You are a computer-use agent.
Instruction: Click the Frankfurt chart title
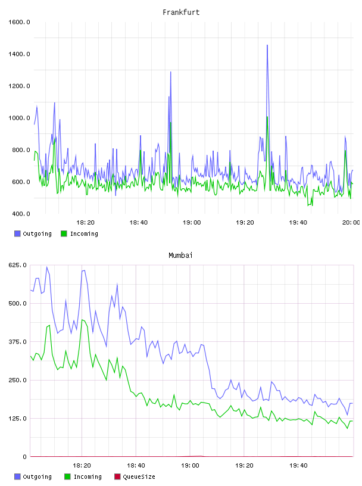click(181, 13)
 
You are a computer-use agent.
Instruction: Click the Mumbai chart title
click(180, 256)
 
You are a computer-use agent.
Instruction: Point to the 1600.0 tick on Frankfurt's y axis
click(19, 22)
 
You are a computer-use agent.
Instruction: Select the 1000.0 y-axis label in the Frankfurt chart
click(19, 118)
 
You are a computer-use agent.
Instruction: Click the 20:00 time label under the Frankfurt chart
click(351, 223)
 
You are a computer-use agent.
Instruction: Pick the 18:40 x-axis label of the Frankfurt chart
click(138, 223)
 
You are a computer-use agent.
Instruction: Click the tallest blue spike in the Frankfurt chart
click(267, 45)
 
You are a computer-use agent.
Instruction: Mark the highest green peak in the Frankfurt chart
click(267, 117)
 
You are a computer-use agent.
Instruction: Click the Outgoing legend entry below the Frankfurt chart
click(33, 233)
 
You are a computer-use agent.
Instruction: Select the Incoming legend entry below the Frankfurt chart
click(79, 233)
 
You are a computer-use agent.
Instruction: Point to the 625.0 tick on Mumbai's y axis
click(17, 265)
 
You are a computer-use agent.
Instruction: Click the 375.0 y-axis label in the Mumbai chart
click(17, 342)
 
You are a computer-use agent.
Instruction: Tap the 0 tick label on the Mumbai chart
click(25, 457)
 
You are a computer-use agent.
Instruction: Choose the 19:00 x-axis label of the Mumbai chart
click(190, 466)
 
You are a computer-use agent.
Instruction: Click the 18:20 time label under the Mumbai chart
click(82, 466)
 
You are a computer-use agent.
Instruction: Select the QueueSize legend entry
click(135, 476)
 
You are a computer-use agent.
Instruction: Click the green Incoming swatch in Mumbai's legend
click(67, 476)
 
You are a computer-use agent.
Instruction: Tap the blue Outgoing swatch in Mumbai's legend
click(17, 476)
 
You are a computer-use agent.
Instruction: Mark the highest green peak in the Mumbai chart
click(82, 320)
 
